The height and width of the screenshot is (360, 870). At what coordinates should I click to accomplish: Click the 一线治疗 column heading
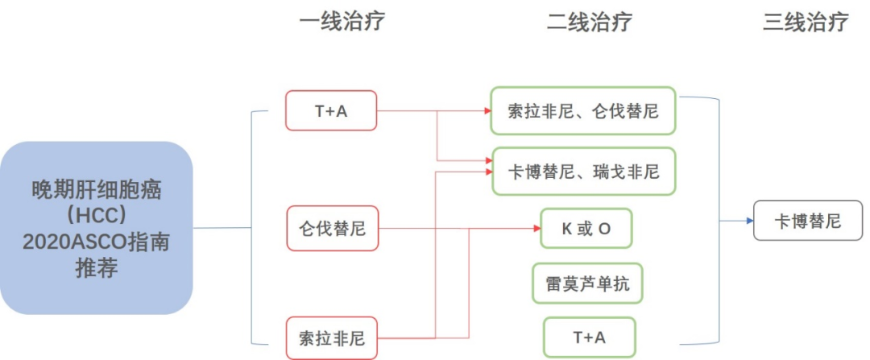pos(342,22)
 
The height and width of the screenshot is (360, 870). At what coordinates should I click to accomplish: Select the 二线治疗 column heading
pos(589,22)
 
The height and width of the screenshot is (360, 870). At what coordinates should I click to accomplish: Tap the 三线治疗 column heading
pos(806,22)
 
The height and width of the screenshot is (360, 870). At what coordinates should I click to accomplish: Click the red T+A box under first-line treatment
pos(331,110)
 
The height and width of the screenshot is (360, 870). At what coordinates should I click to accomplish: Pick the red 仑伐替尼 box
pos(332,228)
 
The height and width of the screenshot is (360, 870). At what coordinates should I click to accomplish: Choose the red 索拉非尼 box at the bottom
pos(332,338)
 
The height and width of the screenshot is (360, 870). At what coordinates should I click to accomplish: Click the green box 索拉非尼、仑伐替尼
pos(583,110)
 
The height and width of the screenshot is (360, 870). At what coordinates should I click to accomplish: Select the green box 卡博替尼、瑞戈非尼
pos(583,171)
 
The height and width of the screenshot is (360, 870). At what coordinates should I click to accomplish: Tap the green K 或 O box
pos(586,228)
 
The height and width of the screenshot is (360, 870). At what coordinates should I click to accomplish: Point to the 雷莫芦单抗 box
pos(587,283)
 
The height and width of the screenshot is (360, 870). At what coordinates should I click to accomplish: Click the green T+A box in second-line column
pos(589,337)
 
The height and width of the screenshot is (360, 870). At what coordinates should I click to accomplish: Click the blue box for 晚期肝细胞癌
pos(97,228)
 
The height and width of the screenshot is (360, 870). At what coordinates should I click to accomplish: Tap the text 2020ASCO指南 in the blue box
pos(97,242)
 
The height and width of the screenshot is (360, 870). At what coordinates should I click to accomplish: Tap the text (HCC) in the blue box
pos(97,216)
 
